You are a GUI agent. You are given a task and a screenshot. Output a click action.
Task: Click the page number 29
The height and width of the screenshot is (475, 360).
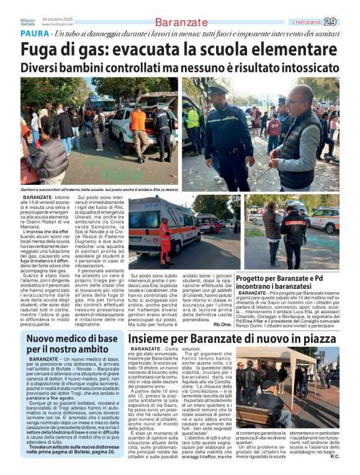(x=331, y=22)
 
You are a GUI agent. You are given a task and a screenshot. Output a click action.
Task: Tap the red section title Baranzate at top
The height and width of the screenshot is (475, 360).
(x=181, y=23)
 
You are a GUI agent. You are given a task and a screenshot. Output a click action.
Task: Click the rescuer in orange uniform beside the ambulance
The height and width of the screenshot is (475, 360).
(x=164, y=238)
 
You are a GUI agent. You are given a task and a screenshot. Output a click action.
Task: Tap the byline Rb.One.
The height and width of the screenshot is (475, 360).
(x=222, y=324)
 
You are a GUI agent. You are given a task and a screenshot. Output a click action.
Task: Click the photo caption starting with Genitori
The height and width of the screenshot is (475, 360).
(x=99, y=188)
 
